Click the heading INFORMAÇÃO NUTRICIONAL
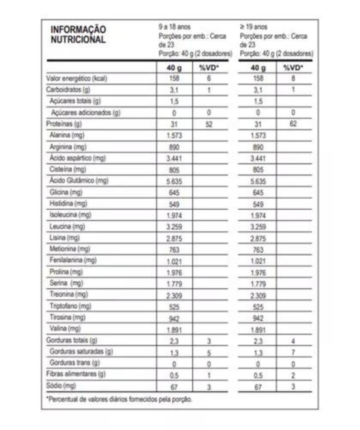click(78, 34)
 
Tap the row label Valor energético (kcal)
click(76, 79)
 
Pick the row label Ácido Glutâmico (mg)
click(78, 181)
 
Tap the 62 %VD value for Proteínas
click(293, 124)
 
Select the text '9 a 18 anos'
click(174, 27)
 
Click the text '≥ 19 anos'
click(253, 27)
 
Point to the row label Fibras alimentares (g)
click(76, 374)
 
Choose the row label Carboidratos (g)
click(68, 90)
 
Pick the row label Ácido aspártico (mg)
click(77, 158)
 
